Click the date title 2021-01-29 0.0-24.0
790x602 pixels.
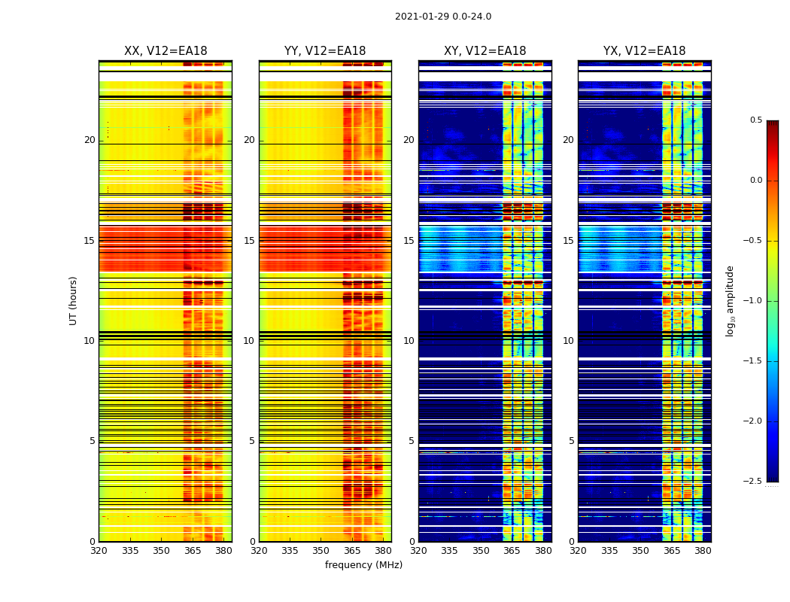(442, 17)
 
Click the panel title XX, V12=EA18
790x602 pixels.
(166, 51)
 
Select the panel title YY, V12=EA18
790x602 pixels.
(325, 51)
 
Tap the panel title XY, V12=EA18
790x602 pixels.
(485, 51)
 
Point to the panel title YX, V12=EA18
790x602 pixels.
(644, 51)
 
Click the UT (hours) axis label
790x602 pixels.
(73, 300)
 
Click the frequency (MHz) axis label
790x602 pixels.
(363, 565)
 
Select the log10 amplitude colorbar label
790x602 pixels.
(730, 300)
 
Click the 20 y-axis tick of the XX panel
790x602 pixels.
(90, 140)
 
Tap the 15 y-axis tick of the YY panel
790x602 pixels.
(249, 241)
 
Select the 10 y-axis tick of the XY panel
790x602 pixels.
(409, 341)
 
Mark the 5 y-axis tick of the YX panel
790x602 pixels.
(572, 441)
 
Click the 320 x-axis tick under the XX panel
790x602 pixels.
(99, 551)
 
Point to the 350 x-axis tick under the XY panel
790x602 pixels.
(481, 551)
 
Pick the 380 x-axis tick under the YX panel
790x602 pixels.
(703, 551)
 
